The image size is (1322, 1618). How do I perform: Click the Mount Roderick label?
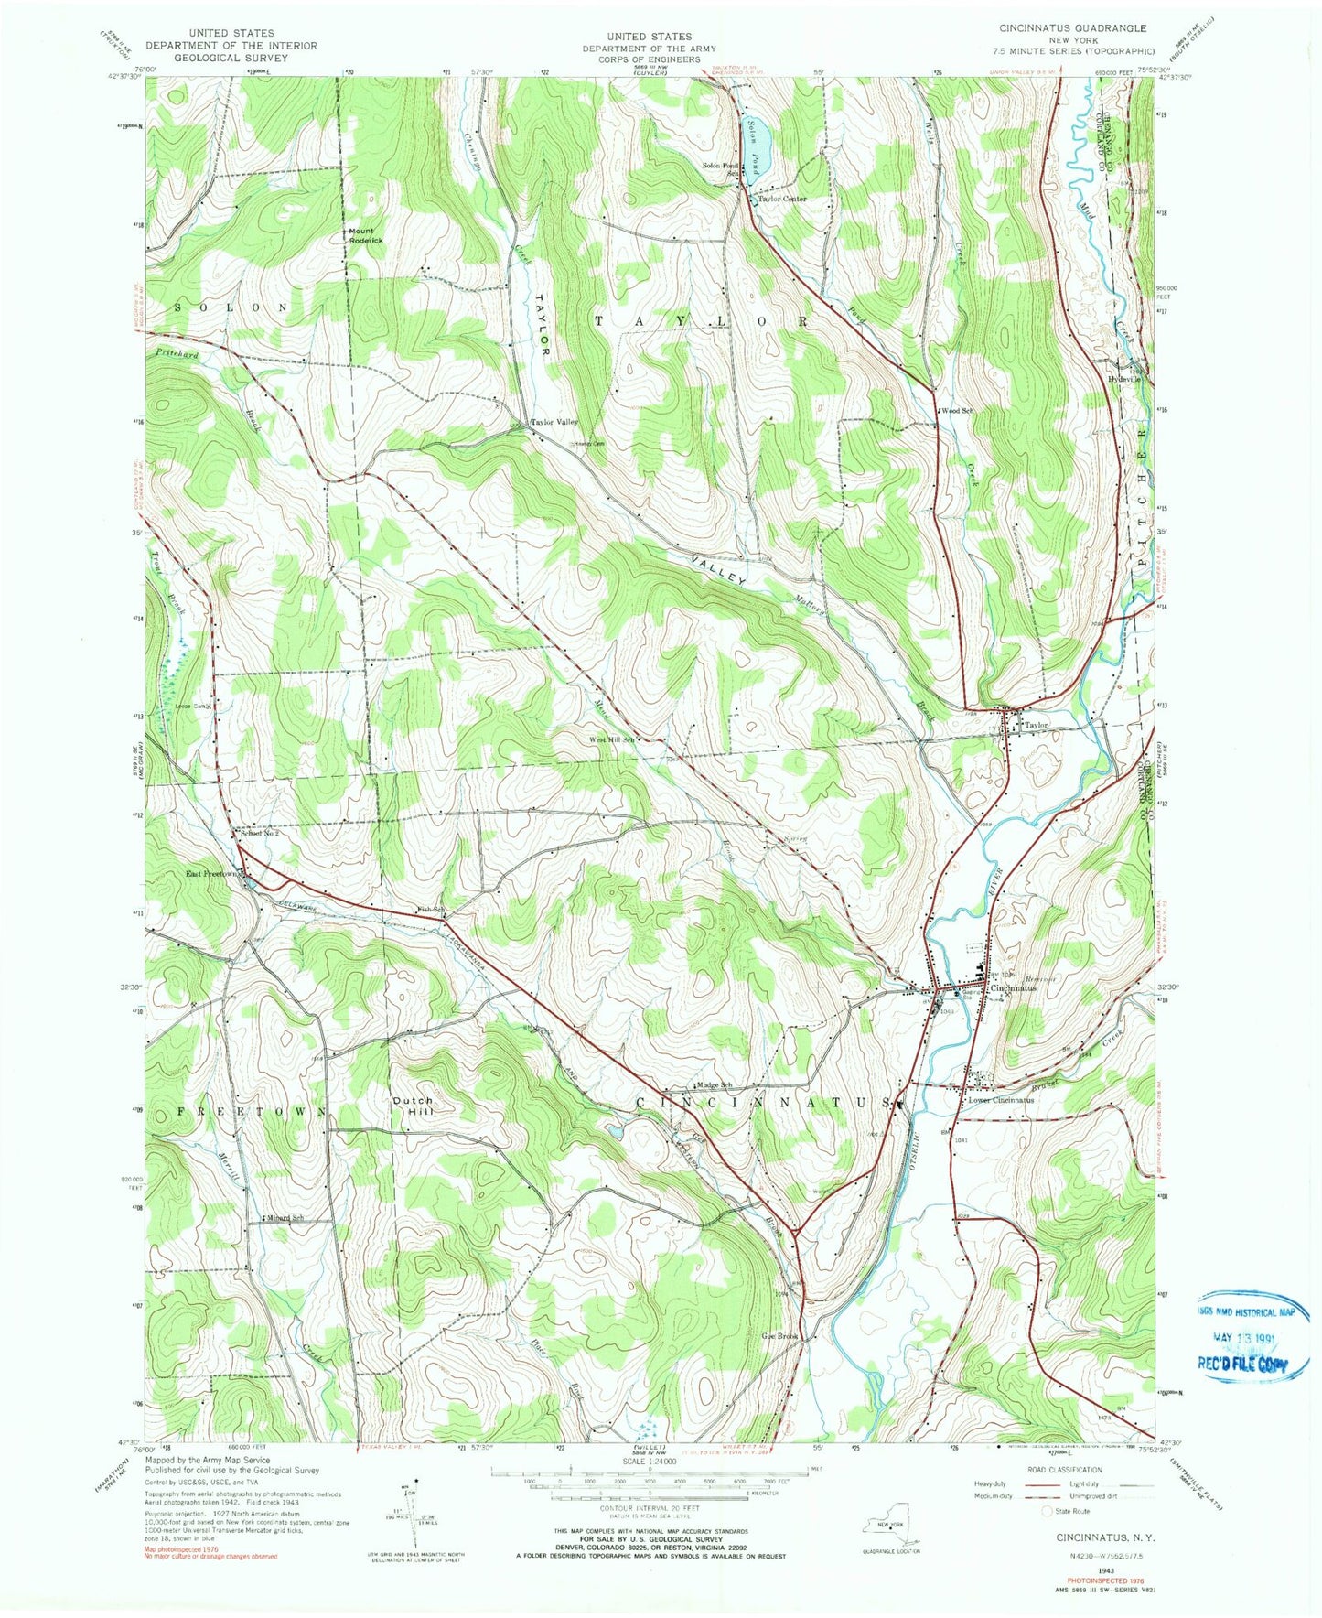(x=365, y=235)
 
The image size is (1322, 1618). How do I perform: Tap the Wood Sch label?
(x=957, y=411)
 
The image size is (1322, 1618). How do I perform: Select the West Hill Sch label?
(x=611, y=739)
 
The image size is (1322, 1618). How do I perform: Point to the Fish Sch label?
(x=430, y=909)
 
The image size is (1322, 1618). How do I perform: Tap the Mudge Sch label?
(x=716, y=1085)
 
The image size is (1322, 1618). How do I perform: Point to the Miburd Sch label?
(x=285, y=1218)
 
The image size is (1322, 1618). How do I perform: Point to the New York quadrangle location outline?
(x=891, y=1531)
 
